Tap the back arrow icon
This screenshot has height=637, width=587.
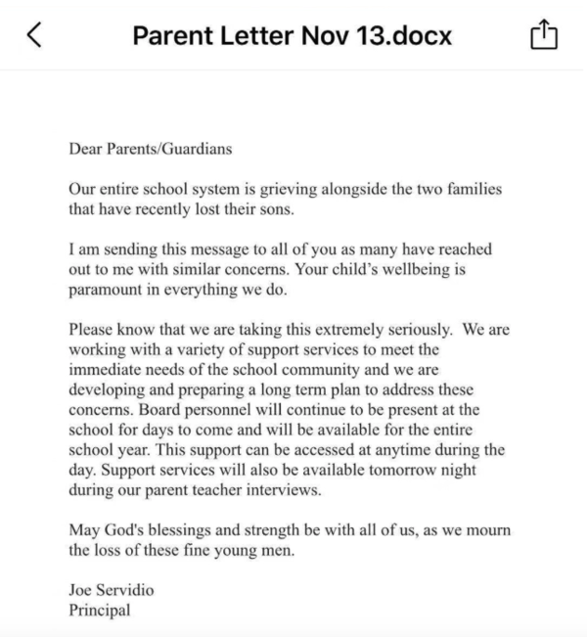point(34,35)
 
